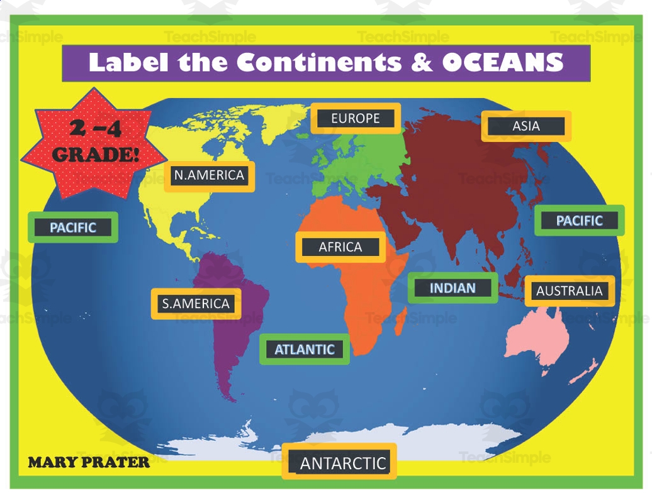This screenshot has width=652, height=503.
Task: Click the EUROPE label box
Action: point(356,118)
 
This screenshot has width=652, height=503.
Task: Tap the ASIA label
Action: point(526,126)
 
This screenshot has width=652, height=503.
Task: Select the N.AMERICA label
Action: point(210,175)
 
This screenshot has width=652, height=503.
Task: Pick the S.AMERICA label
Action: point(196,304)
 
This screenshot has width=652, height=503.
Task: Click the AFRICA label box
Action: point(340,247)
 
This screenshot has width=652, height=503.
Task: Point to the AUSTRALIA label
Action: point(570,291)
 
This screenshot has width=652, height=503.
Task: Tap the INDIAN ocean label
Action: point(452,288)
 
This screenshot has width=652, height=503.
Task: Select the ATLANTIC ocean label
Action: point(305,350)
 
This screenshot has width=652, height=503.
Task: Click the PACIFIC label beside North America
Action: point(73,228)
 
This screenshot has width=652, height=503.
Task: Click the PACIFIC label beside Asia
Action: point(580,221)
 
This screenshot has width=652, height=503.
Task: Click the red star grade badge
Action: point(94,143)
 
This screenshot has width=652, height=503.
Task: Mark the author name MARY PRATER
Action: point(89,463)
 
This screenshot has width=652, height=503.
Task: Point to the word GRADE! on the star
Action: point(96,155)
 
